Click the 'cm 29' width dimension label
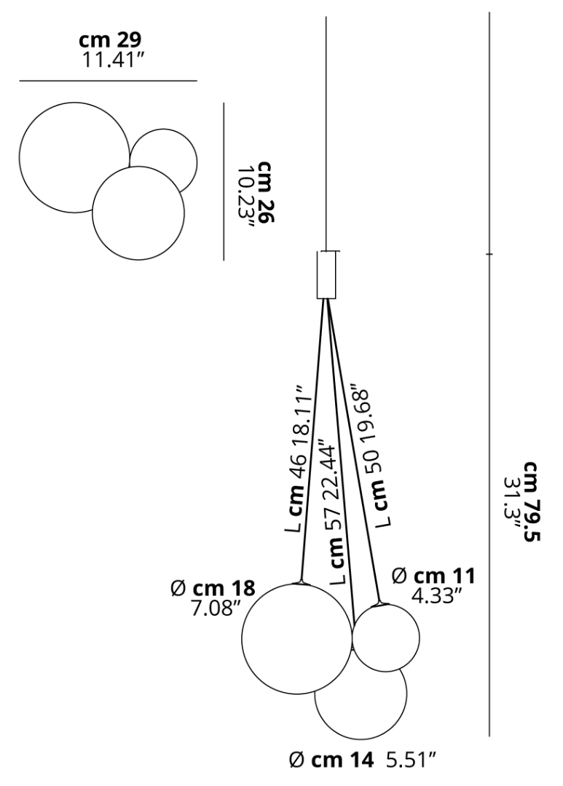110,40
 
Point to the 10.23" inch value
245,197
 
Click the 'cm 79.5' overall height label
532,501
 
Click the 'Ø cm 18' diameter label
213,588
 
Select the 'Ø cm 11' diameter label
433,576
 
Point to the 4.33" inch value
436,596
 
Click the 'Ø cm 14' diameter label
331,761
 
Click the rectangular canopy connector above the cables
326,275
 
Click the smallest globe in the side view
386,638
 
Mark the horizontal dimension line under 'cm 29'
109,80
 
